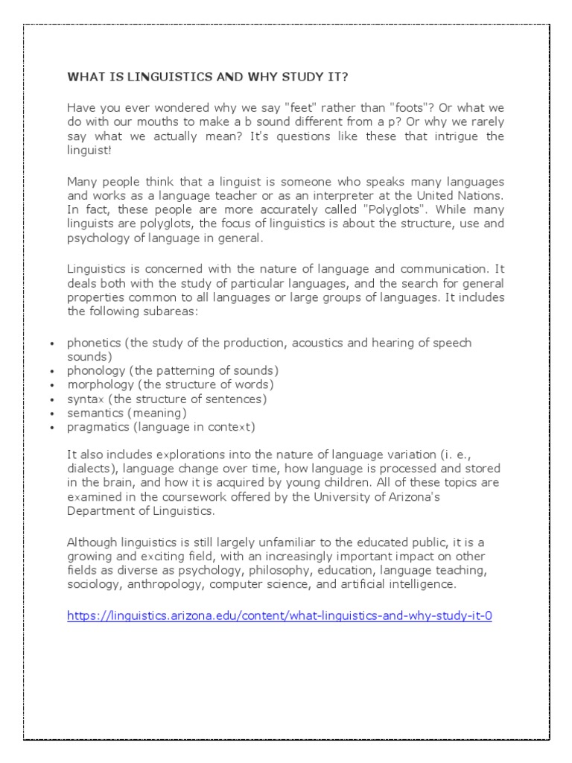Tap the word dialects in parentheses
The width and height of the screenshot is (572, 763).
click(x=91, y=469)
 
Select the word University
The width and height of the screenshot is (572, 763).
click(x=349, y=497)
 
